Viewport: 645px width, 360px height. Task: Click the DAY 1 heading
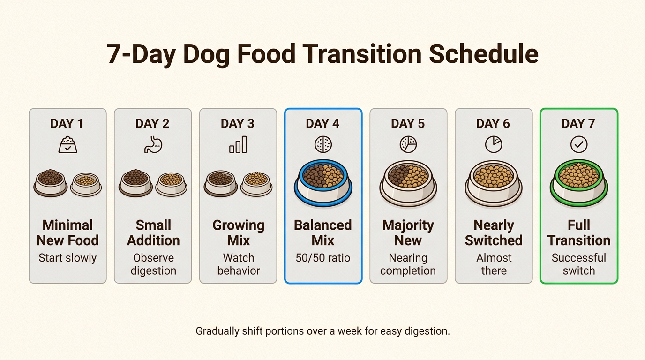tap(67, 124)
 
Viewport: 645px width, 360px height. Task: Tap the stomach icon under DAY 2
tap(153, 144)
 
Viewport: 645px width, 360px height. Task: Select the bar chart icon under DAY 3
tap(238, 144)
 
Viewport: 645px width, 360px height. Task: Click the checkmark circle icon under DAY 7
tap(579, 144)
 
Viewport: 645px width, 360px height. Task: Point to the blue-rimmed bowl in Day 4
tap(323, 183)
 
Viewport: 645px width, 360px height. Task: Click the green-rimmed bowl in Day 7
tap(579, 183)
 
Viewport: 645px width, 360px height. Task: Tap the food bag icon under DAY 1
tap(67, 144)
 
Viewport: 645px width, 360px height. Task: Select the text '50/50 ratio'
tap(323, 258)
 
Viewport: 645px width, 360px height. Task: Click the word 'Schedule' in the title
tap(484, 54)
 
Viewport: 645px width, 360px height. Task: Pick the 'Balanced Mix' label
tap(323, 232)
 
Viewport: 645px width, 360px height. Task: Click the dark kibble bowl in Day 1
tap(51, 183)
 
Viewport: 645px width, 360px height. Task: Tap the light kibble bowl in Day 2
tap(172, 184)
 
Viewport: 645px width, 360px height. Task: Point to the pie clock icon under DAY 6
tap(494, 144)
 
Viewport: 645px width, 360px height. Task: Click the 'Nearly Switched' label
tap(494, 232)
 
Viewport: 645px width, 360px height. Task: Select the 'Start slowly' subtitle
tap(67, 258)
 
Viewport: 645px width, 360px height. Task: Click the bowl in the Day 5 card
tap(408, 183)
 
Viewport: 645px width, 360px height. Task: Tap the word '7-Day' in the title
tap(141, 54)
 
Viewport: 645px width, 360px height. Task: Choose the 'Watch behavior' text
tap(239, 264)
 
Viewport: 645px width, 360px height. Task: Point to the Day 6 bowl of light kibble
tap(494, 183)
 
